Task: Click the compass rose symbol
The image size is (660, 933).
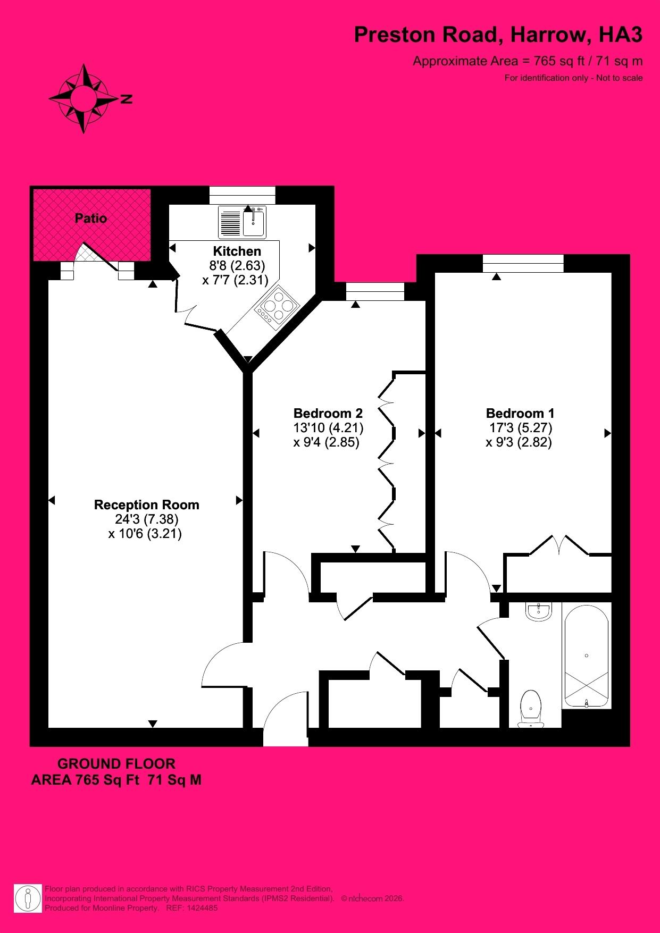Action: (x=83, y=98)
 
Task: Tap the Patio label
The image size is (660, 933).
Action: (x=91, y=218)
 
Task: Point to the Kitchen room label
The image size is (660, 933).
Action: (x=237, y=251)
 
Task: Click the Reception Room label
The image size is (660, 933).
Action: (x=146, y=505)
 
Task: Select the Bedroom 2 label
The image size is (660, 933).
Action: (x=328, y=413)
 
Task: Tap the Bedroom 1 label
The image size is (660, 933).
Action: (x=520, y=413)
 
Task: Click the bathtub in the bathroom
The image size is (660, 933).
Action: (x=586, y=656)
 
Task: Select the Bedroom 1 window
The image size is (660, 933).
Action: (x=523, y=263)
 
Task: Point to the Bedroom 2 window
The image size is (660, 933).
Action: (x=375, y=291)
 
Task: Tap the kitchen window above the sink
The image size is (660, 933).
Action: (x=242, y=195)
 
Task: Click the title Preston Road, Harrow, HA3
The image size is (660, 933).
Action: (x=498, y=35)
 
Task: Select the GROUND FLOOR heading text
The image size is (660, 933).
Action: (x=116, y=764)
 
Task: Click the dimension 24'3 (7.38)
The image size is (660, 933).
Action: (x=146, y=519)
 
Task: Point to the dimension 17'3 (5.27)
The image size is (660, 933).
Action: (x=521, y=427)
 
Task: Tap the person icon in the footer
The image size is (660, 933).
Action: (x=28, y=898)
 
